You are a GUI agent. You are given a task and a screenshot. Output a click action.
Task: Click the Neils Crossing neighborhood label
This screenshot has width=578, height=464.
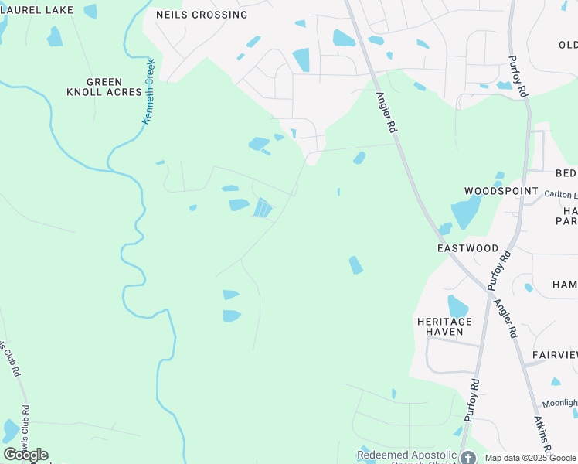[x=202, y=15]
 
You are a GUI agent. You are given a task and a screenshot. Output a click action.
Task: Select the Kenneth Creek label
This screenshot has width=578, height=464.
[x=149, y=92]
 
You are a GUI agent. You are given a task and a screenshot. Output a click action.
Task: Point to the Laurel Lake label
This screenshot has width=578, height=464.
[x=36, y=10]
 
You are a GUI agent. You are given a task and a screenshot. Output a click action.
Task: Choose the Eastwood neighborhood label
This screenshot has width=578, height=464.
[x=467, y=248]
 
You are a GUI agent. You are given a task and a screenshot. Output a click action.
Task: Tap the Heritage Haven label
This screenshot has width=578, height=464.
[x=444, y=326]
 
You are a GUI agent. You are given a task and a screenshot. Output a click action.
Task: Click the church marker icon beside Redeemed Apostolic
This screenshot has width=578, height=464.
[x=467, y=457]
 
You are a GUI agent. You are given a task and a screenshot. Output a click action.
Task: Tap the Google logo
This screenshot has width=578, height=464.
[x=25, y=455]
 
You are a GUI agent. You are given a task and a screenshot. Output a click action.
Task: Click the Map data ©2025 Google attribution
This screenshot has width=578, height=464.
[x=530, y=458]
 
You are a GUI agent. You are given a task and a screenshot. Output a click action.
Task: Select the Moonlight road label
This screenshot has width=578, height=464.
[x=559, y=403]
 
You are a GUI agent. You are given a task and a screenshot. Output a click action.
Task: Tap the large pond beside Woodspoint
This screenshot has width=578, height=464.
[x=465, y=210]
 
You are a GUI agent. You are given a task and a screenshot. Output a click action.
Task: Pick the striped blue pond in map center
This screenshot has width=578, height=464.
[x=263, y=207]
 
